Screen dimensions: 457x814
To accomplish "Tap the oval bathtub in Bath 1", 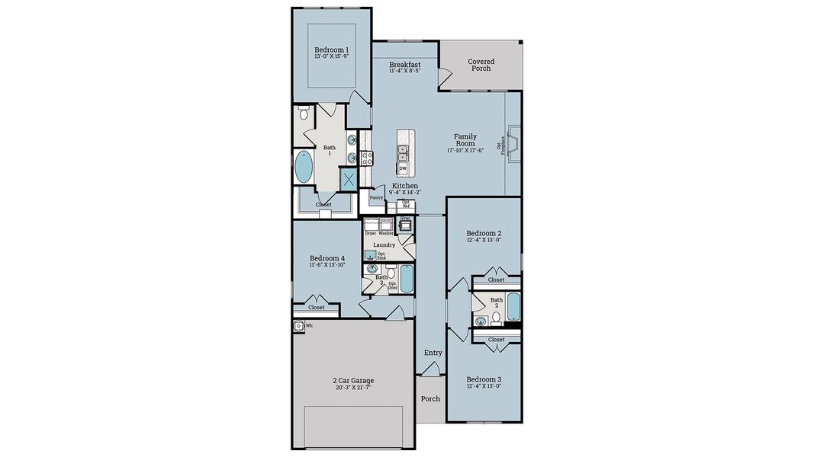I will (x=304, y=167).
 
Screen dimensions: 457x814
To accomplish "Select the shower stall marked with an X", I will (x=349, y=180).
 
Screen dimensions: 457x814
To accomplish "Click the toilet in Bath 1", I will (x=304, y=115).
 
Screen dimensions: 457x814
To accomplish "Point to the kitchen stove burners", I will (x=365, y=158).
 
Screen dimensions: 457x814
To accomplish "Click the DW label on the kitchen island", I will (x=403, y=168).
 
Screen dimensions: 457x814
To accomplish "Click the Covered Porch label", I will (x=481, y=65).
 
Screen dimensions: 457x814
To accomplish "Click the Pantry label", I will (x=376, y=197).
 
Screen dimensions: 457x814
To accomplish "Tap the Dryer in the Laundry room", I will (x=371, y=225).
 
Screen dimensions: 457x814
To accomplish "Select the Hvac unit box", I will (x=406, y=225).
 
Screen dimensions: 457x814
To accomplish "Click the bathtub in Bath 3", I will (x=406, y=280).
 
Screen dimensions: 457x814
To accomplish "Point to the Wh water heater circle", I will (x=299, y=325).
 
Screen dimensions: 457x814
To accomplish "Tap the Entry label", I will (x=433, y=353).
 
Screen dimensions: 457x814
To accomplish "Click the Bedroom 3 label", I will (x=484, y=379).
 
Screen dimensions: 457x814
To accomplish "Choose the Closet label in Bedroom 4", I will (x=316, y=308).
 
